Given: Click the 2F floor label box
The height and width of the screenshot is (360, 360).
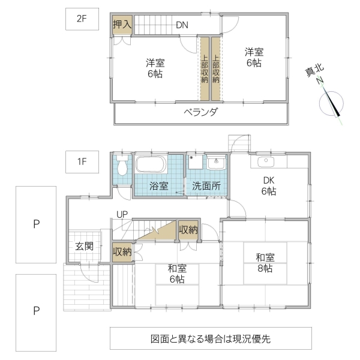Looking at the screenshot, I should pos(82,19).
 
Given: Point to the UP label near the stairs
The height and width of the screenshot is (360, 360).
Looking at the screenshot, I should pos(122,214).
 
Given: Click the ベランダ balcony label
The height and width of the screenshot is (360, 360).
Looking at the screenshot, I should pos(200,112).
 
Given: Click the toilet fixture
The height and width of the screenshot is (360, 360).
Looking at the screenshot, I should pos(122,167).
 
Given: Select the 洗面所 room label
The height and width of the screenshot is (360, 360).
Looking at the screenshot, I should pos(206,186).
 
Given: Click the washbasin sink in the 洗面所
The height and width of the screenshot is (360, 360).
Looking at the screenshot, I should pos(216,162).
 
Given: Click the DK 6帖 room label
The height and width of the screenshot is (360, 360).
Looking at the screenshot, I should pos(268,186).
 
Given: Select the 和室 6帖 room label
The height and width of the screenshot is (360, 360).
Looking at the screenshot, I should pos(176,274).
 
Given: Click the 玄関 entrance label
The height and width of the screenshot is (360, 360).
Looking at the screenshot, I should pos(84,245).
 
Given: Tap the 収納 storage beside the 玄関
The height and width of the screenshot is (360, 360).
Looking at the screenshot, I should pos(122,251).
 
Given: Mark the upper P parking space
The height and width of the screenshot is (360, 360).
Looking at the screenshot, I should pos(36,224).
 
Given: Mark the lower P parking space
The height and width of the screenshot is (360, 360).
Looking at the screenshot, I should pos(36,311).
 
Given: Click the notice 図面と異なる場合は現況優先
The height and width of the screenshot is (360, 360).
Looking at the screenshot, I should pos(211,338).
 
